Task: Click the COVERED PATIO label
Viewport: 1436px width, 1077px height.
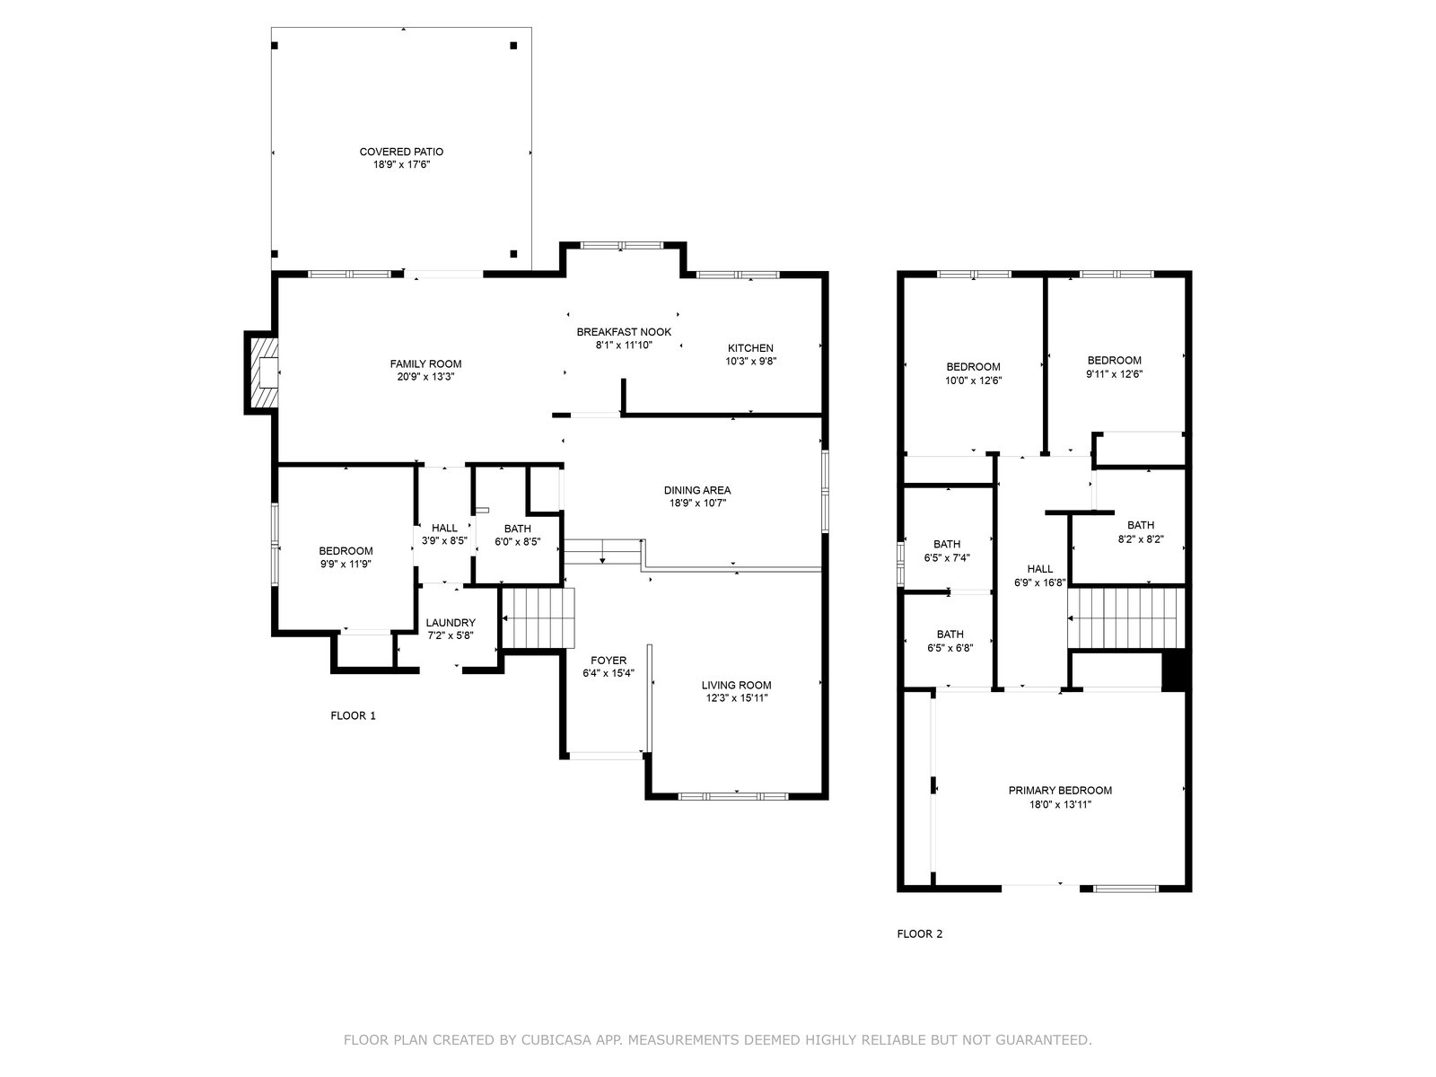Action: [x=401, y=152]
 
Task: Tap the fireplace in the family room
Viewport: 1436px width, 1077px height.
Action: [x=262, y=372]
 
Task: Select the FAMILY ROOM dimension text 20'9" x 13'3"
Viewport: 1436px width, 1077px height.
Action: [x=426, y=377]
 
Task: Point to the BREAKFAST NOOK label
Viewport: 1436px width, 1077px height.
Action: [x=624, y=332]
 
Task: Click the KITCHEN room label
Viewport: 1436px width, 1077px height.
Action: [x=750, y=348]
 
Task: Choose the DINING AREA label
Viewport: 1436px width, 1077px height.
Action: [x=697, y=490]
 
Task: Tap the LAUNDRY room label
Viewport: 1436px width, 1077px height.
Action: [x=451, y=623]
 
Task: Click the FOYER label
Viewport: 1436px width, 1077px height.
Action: [x=609, y=661]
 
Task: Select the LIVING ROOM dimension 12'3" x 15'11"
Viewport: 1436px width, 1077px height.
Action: [x=737, y=697]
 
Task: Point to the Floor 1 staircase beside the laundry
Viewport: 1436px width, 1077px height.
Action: [x=537, y=618]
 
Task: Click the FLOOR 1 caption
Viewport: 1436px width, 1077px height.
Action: [x=354, y=715]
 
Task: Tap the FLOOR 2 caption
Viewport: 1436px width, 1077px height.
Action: [x=920, y=933]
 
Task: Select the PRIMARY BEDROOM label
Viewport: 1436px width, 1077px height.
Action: [x=1060, y=791]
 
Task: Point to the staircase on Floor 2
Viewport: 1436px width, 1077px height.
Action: [x=1125, y=618]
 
